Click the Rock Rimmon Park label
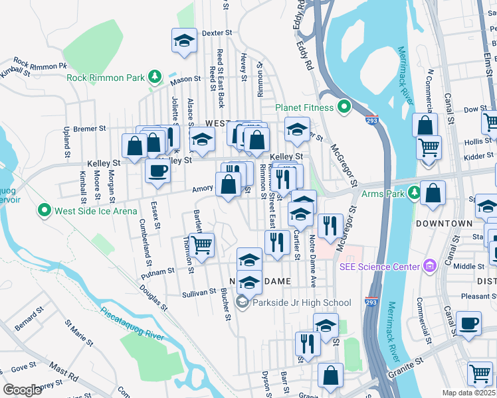[106, 78]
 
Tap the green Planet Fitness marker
[344, 106]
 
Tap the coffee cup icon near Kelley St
[157, 170]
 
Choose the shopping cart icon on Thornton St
[202, 244]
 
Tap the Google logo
[23, 390]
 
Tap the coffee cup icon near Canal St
[469, 323]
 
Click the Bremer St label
[90, 127]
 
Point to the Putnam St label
[161, 271]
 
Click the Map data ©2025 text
[468, 393]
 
